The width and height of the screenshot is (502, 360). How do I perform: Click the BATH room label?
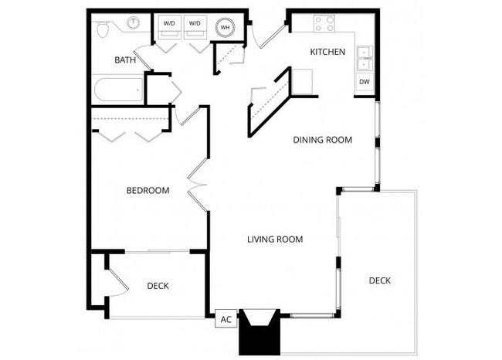pos(125,60)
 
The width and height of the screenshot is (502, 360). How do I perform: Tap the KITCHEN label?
pos(327,53)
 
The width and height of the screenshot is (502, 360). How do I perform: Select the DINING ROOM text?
pos(322,141)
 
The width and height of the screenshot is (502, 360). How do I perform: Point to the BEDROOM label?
pos(148,191)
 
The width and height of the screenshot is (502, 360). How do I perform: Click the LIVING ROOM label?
pos(274,239)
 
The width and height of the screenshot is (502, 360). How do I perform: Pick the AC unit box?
pos(226,319)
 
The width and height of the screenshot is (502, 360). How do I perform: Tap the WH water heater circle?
pos(226,28)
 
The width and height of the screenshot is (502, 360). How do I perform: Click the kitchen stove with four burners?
pos(324,23)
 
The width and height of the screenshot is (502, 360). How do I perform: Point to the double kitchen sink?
pos(364,58)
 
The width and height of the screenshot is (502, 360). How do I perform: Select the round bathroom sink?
pos(133,22)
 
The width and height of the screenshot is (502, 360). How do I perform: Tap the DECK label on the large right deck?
pos(379,280)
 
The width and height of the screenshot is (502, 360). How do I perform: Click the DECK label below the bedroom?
pos(158,287)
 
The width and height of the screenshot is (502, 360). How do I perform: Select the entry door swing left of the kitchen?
pos(271,35)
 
